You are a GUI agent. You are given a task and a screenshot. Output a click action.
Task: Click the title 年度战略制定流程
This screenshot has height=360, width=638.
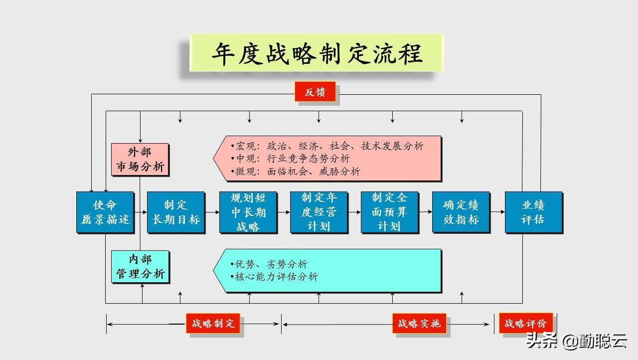[x=317, y=53]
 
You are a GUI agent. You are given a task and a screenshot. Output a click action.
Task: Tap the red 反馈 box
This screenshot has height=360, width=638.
[x=315, y=92]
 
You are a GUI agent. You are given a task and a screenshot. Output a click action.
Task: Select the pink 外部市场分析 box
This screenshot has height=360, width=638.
[x=140, y=160]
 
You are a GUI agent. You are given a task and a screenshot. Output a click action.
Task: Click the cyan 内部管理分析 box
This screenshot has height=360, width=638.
[x=140, y=267]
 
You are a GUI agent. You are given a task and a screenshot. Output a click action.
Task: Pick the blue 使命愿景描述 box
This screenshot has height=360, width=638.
[x=105, y=212]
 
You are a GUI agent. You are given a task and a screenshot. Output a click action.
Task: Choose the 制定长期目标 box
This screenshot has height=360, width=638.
[x=176, y=212]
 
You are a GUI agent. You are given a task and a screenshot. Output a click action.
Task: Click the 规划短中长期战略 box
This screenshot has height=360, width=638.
[x=248, y=212]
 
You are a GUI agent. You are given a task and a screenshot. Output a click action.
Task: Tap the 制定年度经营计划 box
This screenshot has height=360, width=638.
[x=319, y=212]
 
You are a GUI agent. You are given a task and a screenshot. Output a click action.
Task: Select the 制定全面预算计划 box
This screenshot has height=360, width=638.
[x=390, y=212]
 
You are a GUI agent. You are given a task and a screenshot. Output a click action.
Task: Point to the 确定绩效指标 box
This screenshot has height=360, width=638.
[x=461, y=212]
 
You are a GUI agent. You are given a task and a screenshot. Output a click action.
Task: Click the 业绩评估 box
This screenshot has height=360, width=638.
[x=533, y=212]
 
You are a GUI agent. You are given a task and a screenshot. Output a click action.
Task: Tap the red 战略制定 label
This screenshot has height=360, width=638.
[x=213, y=324]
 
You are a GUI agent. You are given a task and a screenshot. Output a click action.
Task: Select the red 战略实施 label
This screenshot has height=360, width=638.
[x=419, y=324]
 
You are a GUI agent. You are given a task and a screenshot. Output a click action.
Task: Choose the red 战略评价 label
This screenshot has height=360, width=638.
[x=525, y=324]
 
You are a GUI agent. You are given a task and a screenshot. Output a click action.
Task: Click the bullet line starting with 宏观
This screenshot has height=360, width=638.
[x=327, y=146]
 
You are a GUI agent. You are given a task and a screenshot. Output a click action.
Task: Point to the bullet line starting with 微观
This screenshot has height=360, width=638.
[x=295, y=172]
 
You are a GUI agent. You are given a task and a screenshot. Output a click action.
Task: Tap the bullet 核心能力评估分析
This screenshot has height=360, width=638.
[x=274, y=277]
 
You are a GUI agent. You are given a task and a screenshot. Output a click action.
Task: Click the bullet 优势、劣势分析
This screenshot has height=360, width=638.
[x=269, y=264]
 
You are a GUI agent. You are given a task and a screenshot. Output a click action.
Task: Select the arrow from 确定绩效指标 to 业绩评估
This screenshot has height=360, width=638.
[x=497, y=212]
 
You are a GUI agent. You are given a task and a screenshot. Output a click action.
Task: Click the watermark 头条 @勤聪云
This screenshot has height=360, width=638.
[x=576, y=341]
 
